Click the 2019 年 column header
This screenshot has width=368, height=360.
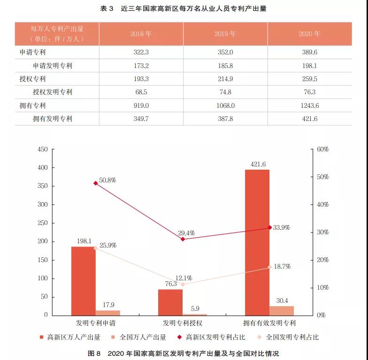[x=225, y=34]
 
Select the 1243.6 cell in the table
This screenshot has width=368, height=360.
[x=310, y=105]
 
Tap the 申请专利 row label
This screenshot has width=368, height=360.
[x=33, y=52]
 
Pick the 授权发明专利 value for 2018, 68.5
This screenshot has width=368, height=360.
[x=141, y=92]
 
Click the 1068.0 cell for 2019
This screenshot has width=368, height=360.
[x=225, y=105]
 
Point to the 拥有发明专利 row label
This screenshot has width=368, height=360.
[x=53, y=119]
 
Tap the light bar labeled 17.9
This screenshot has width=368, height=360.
[x=108, y=312]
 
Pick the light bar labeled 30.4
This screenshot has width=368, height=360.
[x=282, y=310]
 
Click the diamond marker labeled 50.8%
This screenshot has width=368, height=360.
[x=96, y=183]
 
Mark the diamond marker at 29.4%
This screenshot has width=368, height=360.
[x=183, y=239]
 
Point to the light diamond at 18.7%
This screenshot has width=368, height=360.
[x=270, y=267]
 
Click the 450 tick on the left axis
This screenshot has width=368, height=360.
[x=43, y=150]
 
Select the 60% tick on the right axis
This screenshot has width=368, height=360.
[x=322, y=150]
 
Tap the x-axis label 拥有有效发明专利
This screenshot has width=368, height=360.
[x=269, y=323]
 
